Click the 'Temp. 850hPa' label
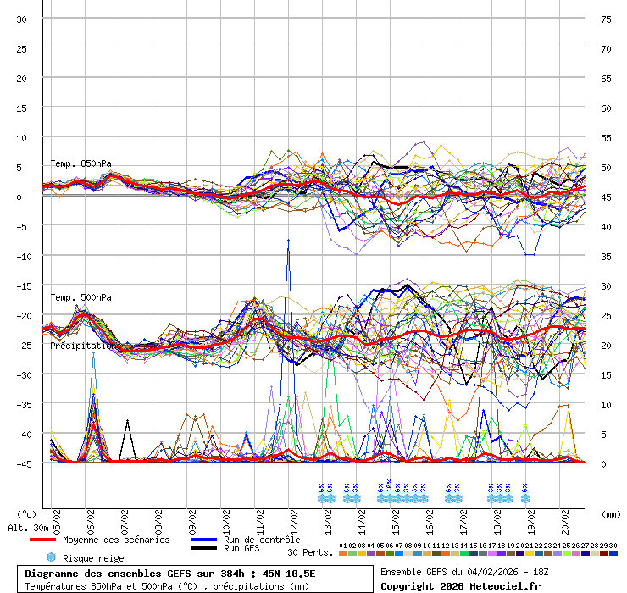(x=80, y=163)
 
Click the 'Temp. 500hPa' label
(x=80, y=297)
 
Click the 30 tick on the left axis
(x=22, y=19)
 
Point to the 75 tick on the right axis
(x=606, y=19)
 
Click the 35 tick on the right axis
(x=606, y=256)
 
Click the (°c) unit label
(x=27, y=513)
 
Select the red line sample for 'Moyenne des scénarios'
(x=53, y=540)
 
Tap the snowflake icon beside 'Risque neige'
(x=51, y=557)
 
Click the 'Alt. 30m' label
(x=28, y=528)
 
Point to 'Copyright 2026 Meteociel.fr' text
(x=460, y=585)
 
